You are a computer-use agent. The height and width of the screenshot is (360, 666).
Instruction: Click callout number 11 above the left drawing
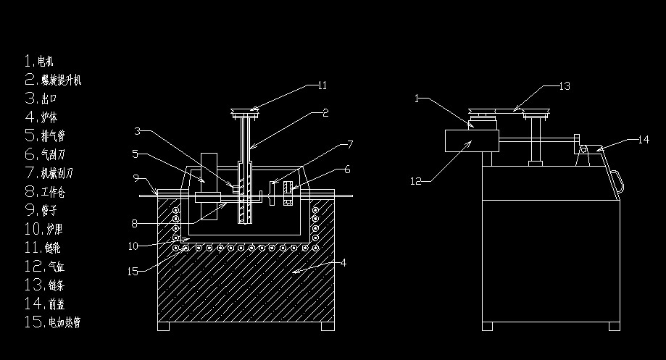point(322,85)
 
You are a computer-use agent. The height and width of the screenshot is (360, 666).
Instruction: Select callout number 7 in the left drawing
point(350,143)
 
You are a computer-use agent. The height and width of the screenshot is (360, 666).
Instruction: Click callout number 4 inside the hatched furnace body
point(344,262)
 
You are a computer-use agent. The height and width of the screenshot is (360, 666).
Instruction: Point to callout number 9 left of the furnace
point(136,177)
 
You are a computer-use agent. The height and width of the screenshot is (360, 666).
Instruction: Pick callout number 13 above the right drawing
point(565,85)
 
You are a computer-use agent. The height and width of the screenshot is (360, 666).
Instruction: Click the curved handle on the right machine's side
point(617,180)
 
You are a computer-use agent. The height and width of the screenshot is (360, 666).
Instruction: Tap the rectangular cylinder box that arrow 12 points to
point(470,140)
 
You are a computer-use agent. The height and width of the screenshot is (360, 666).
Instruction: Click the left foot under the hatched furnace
point(164,326)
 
